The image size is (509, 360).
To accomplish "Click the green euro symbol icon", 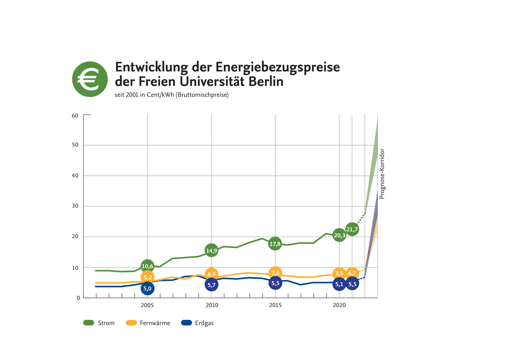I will pyautogui.click(x=90, y=79).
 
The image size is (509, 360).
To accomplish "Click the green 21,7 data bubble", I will pyautogui.click(x=352, y=229).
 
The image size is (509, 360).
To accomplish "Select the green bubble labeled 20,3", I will pyautogui.click(x=339, y=235).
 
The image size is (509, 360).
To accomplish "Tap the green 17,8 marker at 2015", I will pyautogui.click(x=275, y=244).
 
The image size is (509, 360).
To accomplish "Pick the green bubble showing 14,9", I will pyautogui.click(x=211, y=250).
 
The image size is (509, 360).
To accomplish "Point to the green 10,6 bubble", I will pyautogui.click(x=147, y=266).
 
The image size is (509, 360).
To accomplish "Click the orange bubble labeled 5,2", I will pyautogui.click(x=147, y=277).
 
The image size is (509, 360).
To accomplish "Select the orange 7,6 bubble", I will pyautogui.click(x=275, y=273).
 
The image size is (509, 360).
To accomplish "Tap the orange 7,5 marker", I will pyautogui.click(x=339, y=273).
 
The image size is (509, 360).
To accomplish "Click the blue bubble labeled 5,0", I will pyautogui.click(x=147, y=288).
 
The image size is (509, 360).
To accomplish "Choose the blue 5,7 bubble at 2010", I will pyautogui.click(x=211, y=285).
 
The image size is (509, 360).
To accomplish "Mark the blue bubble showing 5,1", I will pyautogui.click(x=339, y=284).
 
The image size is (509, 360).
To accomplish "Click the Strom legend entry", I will pyautogui.click(x=99, y=323).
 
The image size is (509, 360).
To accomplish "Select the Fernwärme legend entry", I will pyautogui.click(x=148, y=323).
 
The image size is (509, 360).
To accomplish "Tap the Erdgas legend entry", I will pyautogui.click(x=197, y=323).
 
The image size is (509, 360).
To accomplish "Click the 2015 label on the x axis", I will pyautogui.click(x=275, y=305).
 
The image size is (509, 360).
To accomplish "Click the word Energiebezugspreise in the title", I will pyautogui.click(x=278, y=67).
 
